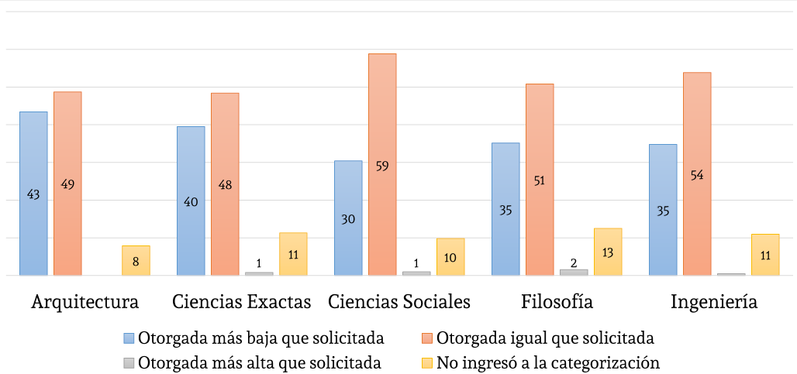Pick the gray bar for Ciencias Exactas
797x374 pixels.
259,273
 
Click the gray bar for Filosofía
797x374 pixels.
574,272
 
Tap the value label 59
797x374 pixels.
382,165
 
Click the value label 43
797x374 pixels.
33,195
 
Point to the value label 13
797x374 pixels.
608,253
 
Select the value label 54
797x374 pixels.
697,175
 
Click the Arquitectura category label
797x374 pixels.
85,302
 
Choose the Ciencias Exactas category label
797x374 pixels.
242,302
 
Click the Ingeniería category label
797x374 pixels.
714,302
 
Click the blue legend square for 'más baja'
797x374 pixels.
129,338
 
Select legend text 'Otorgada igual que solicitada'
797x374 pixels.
545,338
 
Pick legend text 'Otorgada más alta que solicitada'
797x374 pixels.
259,362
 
